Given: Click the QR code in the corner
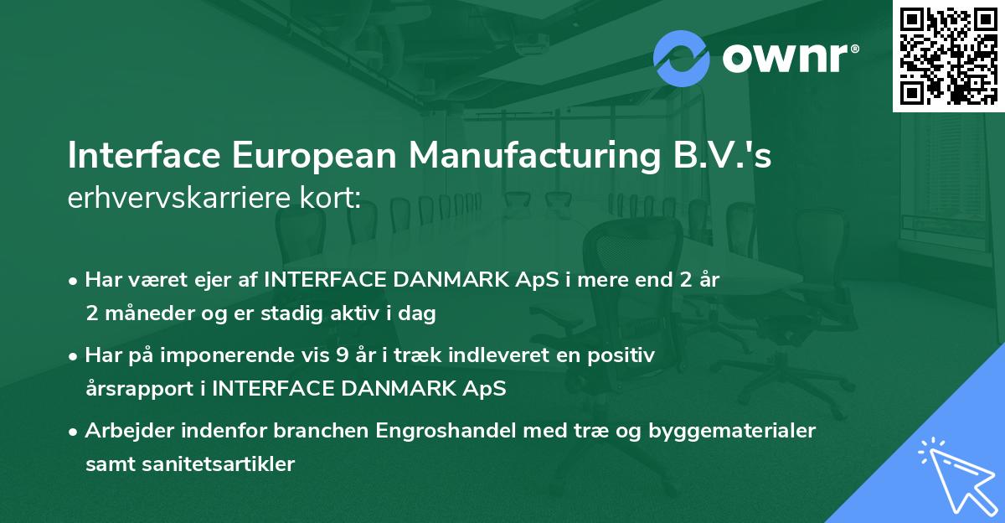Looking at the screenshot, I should pos(948,55).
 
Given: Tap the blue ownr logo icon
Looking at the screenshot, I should pos(681,56).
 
